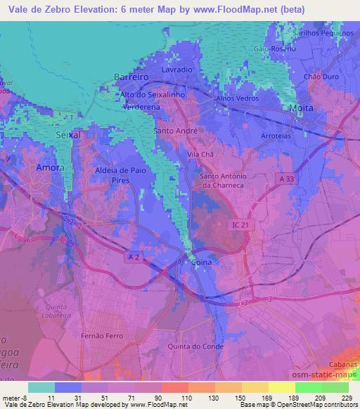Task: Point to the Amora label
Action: coord(50,169)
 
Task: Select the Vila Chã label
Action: coord(200,153)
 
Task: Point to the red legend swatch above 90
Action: coord(174,387)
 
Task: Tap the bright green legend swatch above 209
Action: coord(308,387)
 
